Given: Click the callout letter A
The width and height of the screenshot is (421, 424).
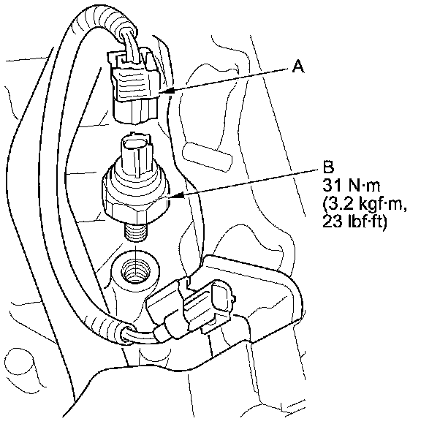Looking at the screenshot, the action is click(298, 67).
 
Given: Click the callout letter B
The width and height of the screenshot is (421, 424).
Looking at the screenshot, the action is click(328, 167).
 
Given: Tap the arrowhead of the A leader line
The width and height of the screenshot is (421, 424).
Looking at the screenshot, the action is click(170, 91).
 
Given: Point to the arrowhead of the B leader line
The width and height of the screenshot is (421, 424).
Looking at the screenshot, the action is click(177, 195).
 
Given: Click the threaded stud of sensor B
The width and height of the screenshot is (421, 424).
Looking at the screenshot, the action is click(136, 230).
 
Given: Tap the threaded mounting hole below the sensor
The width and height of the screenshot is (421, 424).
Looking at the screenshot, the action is click(135, 270).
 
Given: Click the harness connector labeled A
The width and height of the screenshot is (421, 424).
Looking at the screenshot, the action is click(134, 86).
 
